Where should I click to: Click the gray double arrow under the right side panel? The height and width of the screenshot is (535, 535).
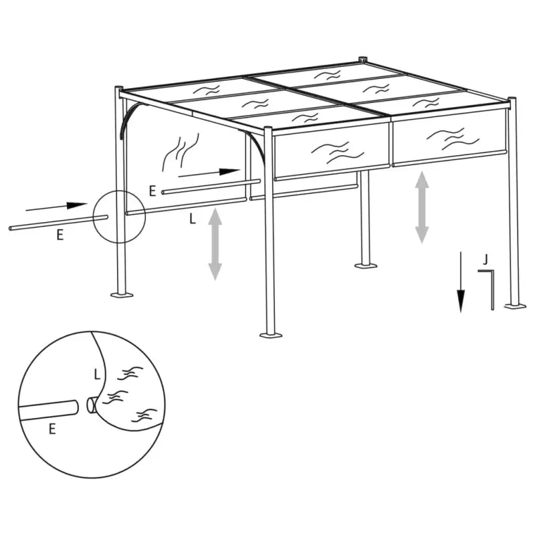coord(421,207)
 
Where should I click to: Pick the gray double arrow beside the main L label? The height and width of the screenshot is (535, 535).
coord(215,243)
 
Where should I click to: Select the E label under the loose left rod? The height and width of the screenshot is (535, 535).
coord(60,235)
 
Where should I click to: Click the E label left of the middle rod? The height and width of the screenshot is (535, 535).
coord(152,191)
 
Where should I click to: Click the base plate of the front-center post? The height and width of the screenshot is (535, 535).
coord(270,332)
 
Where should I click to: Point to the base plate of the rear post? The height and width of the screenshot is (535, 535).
coord(364,265)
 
